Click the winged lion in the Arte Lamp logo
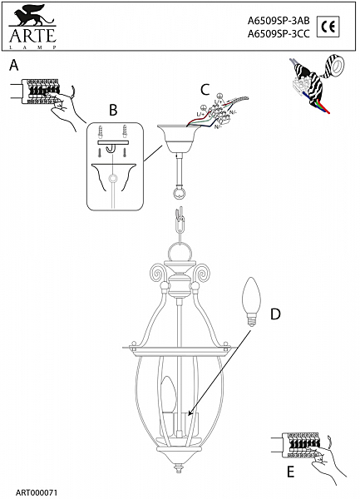point(32,15)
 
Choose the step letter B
point(113,109)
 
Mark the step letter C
point(205,88)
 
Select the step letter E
point(289,471)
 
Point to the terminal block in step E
point(301,443)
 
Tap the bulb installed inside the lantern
point(169,397)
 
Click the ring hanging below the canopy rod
point(178,192)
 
